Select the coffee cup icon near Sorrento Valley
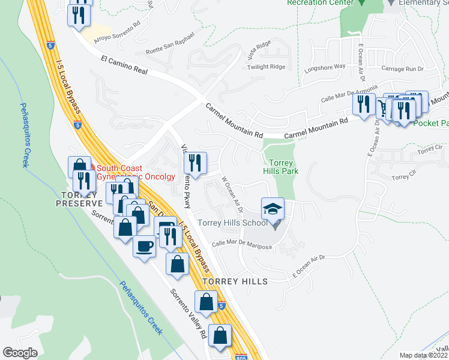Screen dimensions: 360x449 pyautogui.click(x=144, y=247)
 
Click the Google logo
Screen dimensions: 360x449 pyautogui.click(x=20, y=353)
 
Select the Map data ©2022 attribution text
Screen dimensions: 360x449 pyautogui.click(x=423, y=355)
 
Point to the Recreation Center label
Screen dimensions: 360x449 pyautogui.click(x=312, y=2)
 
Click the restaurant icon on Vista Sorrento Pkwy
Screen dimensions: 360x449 pyautogui.click(x=195, y=162)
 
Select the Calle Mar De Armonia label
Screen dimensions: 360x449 pyautogui.click(x=341, y=94)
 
